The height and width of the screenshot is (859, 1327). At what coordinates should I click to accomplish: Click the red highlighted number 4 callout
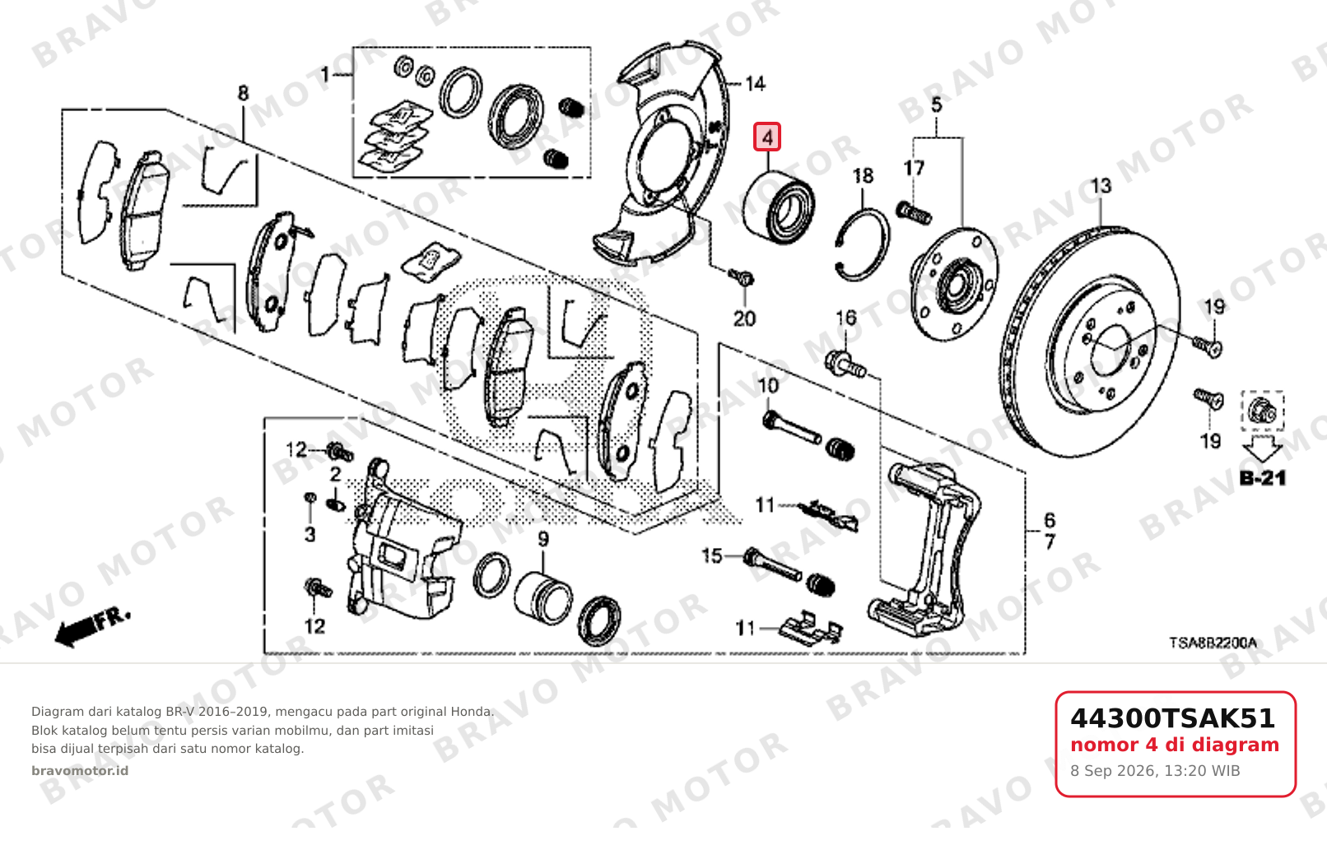tap(767, 137)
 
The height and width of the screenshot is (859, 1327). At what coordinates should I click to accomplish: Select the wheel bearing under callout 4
tap(779, 207)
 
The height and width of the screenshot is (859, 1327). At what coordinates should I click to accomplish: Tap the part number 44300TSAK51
tap(1172, 718)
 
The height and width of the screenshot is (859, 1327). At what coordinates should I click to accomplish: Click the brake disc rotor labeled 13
tap(1089, 341)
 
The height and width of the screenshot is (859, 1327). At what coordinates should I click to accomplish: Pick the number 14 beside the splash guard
tap(755, 83)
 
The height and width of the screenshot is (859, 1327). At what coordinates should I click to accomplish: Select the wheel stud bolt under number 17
tap(914, 212)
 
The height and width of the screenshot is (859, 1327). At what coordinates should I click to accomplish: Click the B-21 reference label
tap(1263, 478)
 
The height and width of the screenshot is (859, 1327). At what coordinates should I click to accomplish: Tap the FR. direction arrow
tap(92, 628)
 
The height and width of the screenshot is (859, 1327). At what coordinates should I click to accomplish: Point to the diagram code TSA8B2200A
tap(1213, 643)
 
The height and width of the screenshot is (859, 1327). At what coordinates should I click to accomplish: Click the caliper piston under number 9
tap(543, 598)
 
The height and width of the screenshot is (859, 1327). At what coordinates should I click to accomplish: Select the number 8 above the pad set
tap(243, 93)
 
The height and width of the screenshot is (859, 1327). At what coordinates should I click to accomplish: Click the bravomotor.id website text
tap(80, 771)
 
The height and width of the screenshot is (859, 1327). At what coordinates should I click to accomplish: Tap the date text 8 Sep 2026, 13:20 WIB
tap(1155, 771)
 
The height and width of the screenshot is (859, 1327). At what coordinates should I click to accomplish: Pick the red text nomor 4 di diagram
tap(1175, 745)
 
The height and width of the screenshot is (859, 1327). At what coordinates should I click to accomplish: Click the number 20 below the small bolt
tap(745, 318)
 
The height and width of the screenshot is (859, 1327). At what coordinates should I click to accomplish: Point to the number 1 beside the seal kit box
tap(324, 75)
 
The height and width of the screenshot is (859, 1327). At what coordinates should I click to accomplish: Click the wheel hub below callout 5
tap(954, 284)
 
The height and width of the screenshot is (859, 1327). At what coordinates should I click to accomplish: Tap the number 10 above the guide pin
tap(768, 386)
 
